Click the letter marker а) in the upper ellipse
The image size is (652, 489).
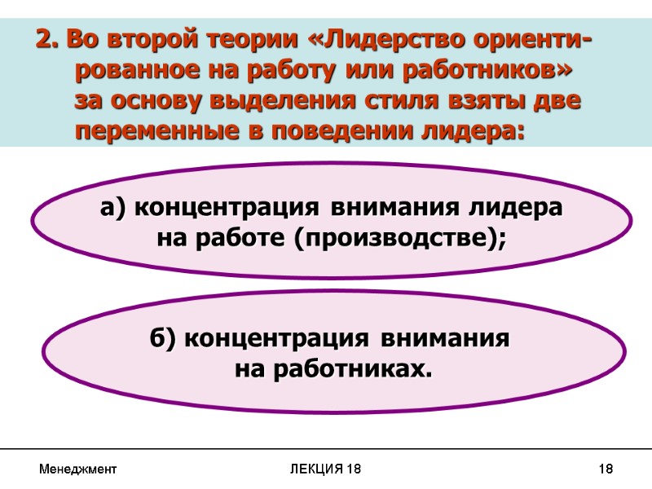pos(113,209)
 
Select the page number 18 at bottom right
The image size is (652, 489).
pos(605,469)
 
